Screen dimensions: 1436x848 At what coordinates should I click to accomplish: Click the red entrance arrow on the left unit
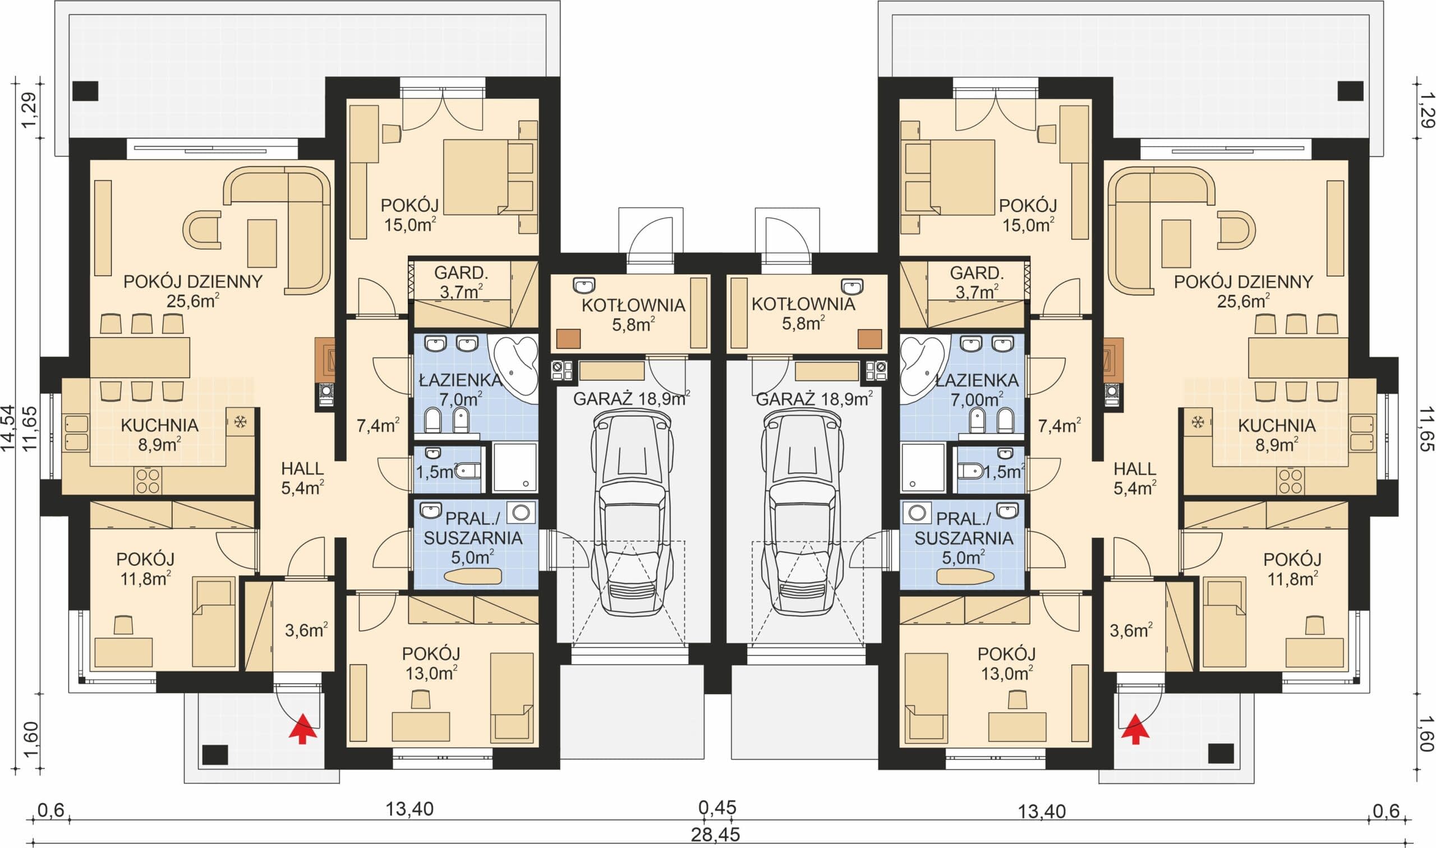pyautogui.click(x=303, y=728)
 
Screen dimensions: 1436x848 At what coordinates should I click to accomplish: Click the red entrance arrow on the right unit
pyautogui.click(x=1135, y=728)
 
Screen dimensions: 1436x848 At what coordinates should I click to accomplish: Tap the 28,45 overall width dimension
pyautogui.click(x=715, y=835)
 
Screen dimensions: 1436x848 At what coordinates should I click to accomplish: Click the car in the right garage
pyautogui.click(x=803, y=514)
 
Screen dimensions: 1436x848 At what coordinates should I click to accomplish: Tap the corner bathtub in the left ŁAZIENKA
pyautogui.click(x=516, y=364)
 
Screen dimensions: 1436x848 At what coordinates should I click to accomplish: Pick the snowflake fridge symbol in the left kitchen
pyautogui.click(x=241, y=422)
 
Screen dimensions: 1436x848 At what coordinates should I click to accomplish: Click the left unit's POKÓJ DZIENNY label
pyautogui.click(x=193, y=282)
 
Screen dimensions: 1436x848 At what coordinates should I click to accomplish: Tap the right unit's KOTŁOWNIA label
pyautogui.click(x=803, y=305)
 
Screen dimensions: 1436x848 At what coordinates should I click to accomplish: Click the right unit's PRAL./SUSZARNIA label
pyautogui.click(x=964, y=528)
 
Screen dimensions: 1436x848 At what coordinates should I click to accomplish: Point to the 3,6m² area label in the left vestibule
pyautogui.click(x=306, y=630)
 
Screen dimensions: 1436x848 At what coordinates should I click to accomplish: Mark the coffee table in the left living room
pyautogui.click(x=262, y=243)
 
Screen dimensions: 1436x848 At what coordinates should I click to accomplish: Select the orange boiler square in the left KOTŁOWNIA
pyautogui.click(x=569, y=339)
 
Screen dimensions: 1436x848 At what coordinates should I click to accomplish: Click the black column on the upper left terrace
pyautogui.click(x=86, y=91)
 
